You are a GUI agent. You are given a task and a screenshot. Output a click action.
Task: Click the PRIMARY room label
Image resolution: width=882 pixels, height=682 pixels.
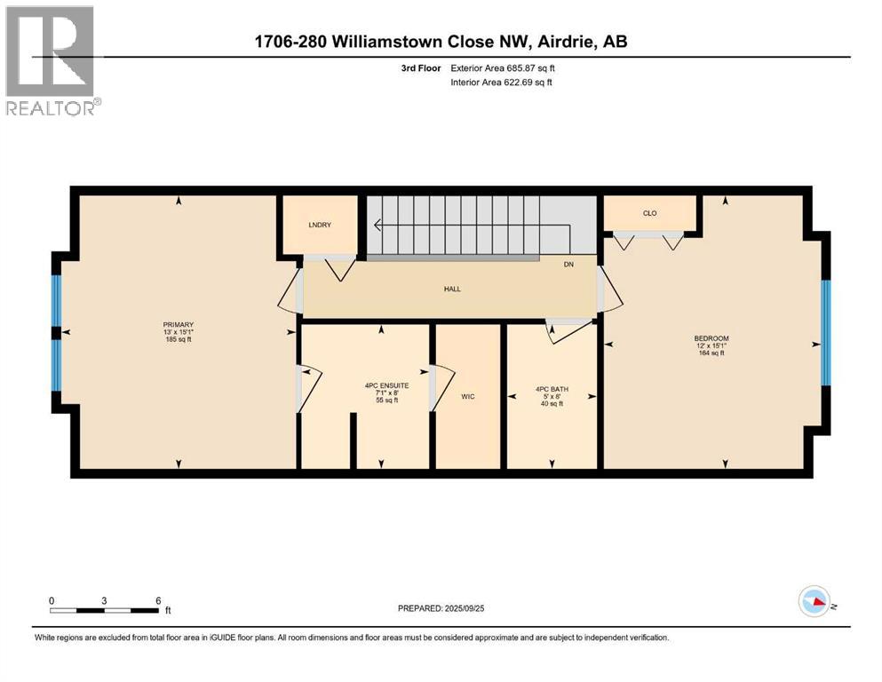(x=179, y=324)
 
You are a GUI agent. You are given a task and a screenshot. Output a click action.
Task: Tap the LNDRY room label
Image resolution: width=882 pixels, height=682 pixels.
(x=320, y=226)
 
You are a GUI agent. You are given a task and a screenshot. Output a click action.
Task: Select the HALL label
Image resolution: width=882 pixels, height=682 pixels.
(x=453, y=289)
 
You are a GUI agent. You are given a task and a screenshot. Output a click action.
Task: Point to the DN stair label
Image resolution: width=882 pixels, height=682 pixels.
(x=569, y=265)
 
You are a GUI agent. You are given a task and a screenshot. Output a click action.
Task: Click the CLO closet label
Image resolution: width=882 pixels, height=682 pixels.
(x=649, y=213)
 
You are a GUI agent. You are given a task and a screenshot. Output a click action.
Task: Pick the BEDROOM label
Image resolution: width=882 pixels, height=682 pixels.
(x=711, y=338)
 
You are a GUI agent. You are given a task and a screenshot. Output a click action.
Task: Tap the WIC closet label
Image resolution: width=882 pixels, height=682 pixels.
(x=467, y=396)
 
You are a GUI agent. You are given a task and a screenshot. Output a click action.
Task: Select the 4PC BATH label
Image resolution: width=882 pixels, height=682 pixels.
(x=551, y=388)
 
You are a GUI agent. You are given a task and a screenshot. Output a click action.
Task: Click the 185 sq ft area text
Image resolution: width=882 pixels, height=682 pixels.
(x=179, y=340)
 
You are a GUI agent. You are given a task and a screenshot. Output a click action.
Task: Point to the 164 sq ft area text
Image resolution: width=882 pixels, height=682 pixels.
(x=711, y=353)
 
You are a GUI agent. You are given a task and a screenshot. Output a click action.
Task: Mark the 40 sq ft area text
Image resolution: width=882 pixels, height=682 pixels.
(x=551, y=403)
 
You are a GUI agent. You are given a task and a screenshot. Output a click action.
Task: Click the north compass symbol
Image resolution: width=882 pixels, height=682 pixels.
(x=815, y=602)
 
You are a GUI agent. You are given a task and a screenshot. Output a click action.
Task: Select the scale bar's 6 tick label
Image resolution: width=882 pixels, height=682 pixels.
(x=158, y=600)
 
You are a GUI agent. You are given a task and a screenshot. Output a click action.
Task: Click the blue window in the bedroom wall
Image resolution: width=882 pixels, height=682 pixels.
(x=825, y=333)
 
